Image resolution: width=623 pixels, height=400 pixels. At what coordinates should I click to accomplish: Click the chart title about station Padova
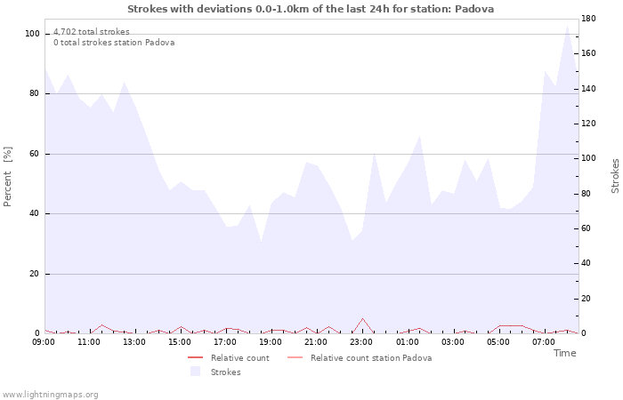[311, 9]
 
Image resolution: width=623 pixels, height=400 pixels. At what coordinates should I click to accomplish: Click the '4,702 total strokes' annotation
[92, 32]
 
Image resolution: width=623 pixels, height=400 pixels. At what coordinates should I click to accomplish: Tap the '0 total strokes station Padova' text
[114, 43]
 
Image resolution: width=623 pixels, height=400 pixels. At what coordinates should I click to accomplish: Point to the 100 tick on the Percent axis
[33, 34]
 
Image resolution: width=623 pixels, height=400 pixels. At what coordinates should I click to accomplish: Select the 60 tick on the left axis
[35, 154]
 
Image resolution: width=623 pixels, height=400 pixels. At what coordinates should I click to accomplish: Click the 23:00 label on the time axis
[361, 342]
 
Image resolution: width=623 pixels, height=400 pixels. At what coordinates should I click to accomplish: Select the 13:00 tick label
[133, 342]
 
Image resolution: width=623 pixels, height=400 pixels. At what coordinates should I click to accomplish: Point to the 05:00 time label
[498, 342]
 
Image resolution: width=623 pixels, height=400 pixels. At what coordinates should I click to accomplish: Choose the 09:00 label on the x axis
[44, 342]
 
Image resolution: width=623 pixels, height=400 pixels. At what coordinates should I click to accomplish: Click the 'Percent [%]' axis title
[9, 176]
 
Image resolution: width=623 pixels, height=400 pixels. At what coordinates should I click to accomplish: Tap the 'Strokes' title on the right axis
[615, 176]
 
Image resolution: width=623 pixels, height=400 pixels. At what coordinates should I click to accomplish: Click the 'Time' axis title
[564, 353]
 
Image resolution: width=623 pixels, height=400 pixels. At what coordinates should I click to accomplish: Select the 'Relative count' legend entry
[239, 358]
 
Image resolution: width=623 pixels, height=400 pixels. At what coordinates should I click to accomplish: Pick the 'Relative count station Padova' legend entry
[371, 358]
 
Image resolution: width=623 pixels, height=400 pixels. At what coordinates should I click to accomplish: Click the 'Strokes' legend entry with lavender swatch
[225, 372]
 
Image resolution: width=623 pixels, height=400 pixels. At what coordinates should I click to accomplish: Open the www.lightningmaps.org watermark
[51, 395]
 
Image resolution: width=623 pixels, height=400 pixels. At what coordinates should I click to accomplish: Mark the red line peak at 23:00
[362, 318]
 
